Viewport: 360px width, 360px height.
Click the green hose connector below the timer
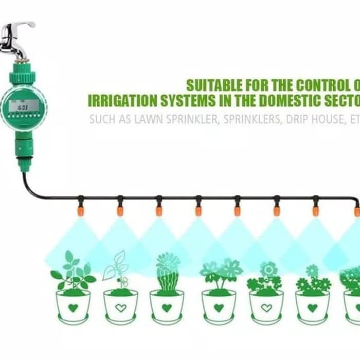(23, 149)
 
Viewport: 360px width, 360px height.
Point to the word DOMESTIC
(285, 100)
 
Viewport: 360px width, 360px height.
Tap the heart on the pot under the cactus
(167, 308)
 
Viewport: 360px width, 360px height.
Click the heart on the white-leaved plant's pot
(120, 308)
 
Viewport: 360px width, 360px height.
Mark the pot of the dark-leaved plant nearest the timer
(74, 307)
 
